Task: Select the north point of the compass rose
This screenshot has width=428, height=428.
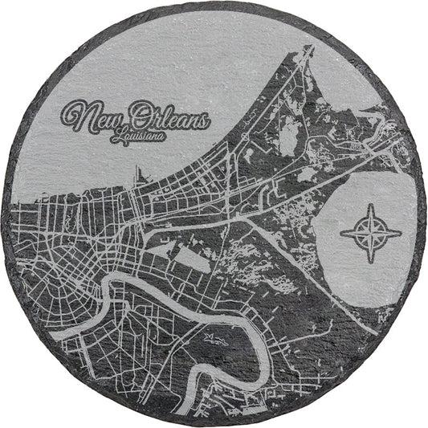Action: click(370, 207)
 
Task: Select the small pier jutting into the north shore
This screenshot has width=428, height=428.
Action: click(138, 173)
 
